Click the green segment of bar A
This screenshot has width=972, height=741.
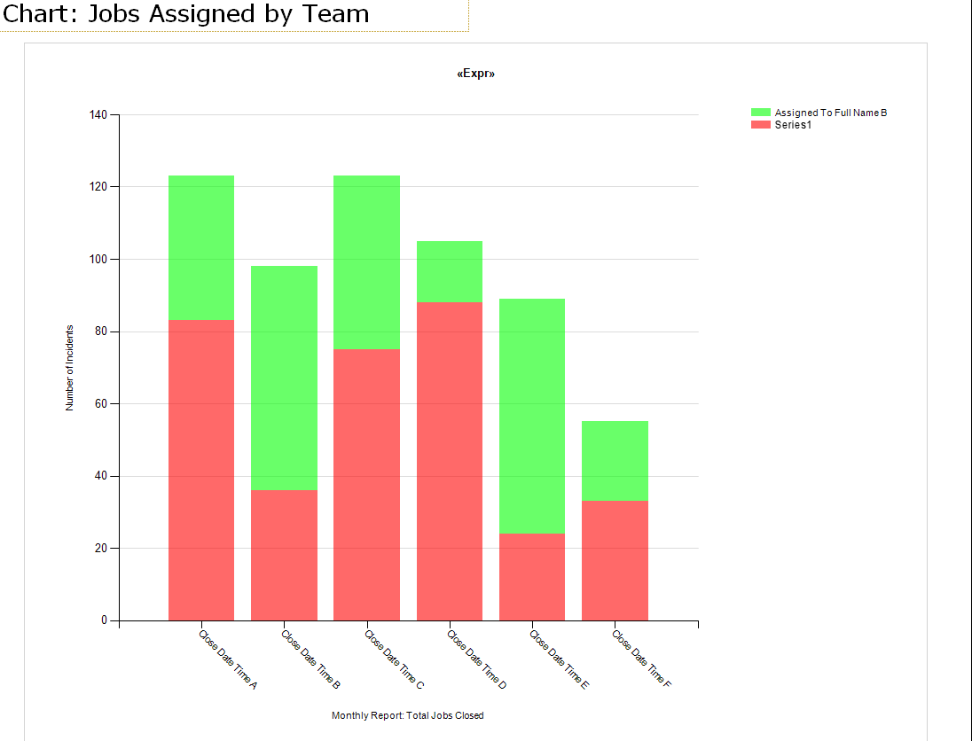(201, 247)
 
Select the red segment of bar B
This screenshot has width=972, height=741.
(284, 555)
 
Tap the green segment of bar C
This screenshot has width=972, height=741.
(366, 262)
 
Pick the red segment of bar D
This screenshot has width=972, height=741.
(450, 461)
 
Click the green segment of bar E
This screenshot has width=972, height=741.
(532, 416)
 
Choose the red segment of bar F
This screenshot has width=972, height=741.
(615, 560)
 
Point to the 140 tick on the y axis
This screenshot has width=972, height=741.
(98, 115)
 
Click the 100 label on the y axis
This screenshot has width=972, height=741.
(98, 260)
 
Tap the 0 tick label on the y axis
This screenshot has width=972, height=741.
(104, 620)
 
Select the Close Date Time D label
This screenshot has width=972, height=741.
(477, 660)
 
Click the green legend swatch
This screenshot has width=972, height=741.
(761, 113)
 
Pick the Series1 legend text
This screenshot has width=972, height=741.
(793, 125)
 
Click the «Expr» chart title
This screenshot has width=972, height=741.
(476, 74)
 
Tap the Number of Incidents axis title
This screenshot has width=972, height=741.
(69, 368)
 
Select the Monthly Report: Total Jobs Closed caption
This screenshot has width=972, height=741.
(408, 715)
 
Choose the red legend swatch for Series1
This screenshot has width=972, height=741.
(761, 125)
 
